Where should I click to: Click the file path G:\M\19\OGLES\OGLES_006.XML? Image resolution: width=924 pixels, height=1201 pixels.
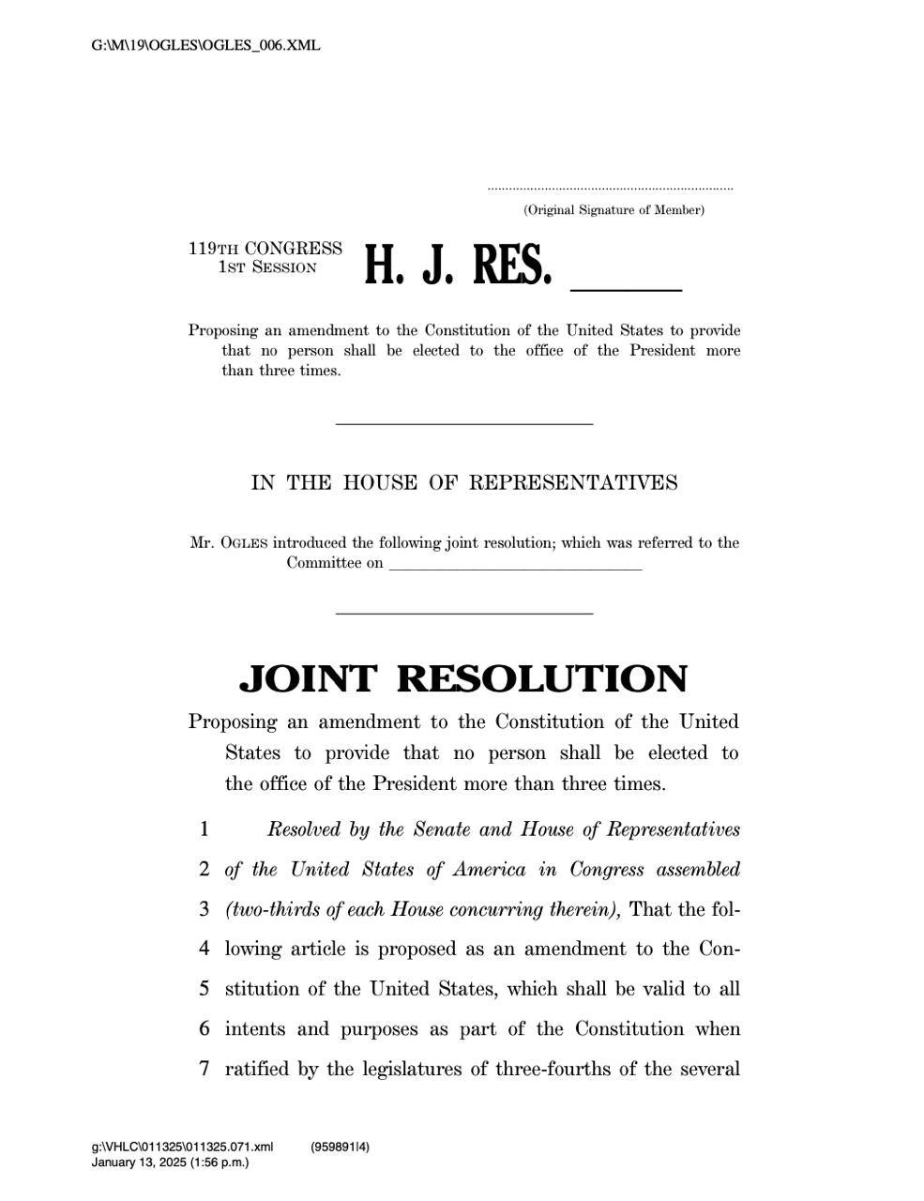[x=205, y=45]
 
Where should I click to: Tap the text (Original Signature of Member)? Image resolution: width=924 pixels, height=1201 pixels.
[x=613, y=210]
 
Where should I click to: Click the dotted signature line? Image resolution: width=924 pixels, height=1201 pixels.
[x=610, y=190]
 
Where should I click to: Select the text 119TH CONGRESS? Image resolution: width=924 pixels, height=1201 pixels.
[x=265, y=249]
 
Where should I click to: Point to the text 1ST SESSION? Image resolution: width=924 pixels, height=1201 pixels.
[x=267, y=267]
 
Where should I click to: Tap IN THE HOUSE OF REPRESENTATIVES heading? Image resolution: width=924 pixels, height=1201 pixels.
[x=464, y=483]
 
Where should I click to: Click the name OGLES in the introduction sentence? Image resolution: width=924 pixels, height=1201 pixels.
[x=244, y=543]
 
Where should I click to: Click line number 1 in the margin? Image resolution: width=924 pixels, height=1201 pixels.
[x=204, y=829]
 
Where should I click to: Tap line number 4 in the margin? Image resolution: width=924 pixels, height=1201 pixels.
[x=204, y=949]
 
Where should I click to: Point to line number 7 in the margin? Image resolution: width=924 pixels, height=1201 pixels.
[x=204, y=1069]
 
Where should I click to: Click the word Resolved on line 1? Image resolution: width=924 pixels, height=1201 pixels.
[x=305, y=829]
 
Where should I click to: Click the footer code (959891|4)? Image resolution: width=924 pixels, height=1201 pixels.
[x=341, y=1147]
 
